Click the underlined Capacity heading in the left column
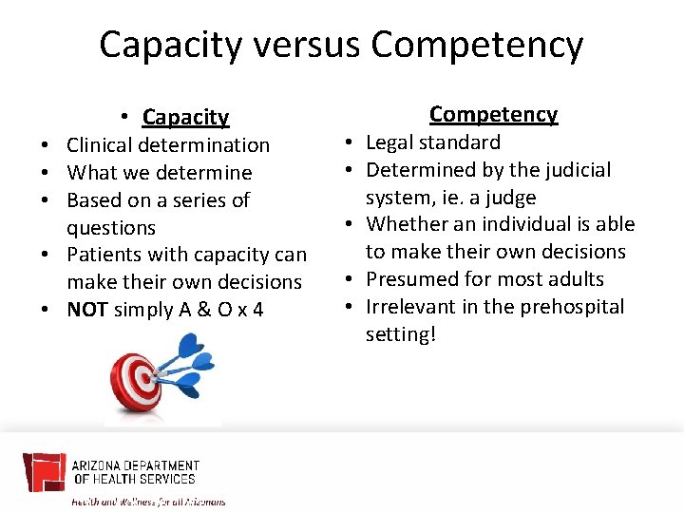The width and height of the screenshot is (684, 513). point(185,117)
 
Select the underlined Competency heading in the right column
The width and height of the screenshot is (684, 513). point(493,114)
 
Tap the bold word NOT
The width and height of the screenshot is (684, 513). point(86,310)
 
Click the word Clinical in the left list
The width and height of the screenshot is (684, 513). point(101,145)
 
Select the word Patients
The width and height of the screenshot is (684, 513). point(103,255)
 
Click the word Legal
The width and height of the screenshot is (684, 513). point(391,142)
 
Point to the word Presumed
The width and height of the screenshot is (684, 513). point(411,279)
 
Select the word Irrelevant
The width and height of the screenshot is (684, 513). point(414,307)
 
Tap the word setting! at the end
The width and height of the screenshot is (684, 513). point(400,334)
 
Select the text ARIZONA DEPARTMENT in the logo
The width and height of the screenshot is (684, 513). point(136,465)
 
